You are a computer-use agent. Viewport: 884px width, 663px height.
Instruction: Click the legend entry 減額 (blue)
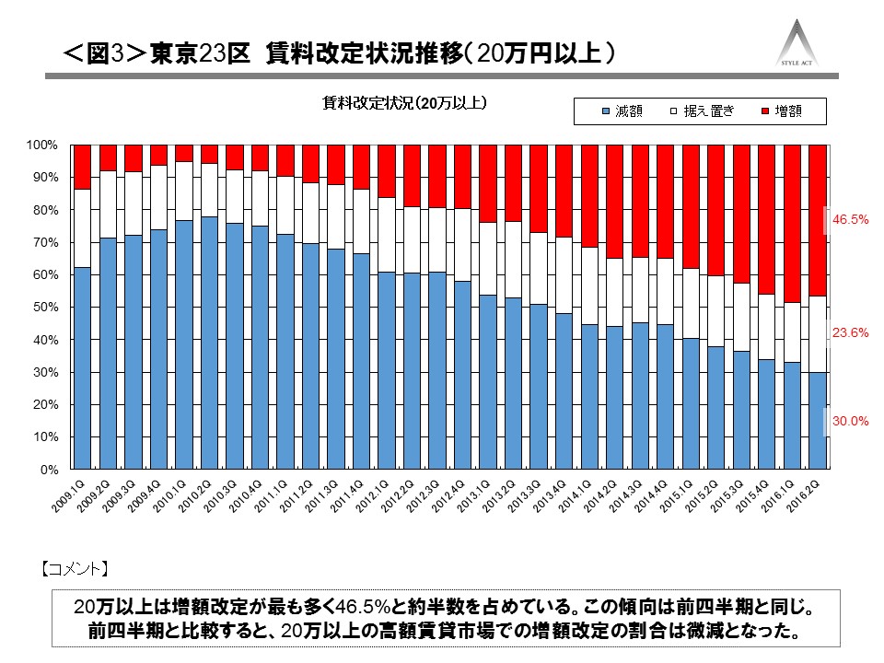tap(621, 111)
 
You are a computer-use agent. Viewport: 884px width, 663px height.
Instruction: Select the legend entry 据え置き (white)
tap(704, 111)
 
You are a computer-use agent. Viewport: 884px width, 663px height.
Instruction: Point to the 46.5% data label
tap(851, 221)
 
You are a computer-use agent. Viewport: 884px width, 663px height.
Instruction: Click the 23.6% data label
tap(851, 333)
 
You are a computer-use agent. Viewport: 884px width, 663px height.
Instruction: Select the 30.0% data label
tap(851, 421)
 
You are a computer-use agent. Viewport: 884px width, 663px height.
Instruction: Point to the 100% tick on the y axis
tap(42, 145)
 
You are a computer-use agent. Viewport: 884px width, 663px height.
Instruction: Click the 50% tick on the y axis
tap(45, 308)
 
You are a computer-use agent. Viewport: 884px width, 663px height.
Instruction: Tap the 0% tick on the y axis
tap(49, 470)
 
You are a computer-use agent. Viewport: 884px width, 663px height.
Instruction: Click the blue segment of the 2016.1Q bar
tap(792, 415)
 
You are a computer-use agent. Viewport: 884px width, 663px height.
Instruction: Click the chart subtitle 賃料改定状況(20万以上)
tap(404, 102)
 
